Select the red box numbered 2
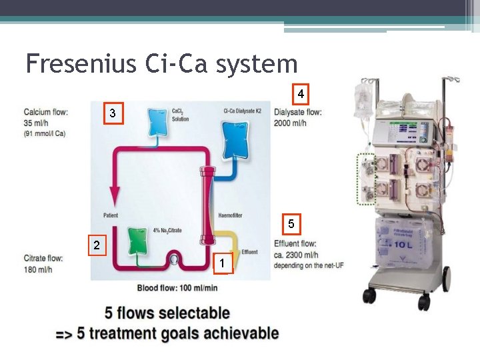pyautogui.click(x=97, y=246)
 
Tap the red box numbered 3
pyautogui.click(x=113, y=114)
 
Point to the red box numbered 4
pyautogui.click(x=301, y=94)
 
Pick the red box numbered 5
pyautogui.click(x=291, y=223)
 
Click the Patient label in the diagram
pyautogui.click(x=111, y=215)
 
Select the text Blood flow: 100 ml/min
pyautogui.click(x=177, y=288)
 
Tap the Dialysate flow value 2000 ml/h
pyautogui.click(x=290, y=123)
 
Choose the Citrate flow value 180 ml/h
pyautogui.click(x=38, y=269)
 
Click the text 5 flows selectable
pyautogui.click(x=167, y=313)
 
